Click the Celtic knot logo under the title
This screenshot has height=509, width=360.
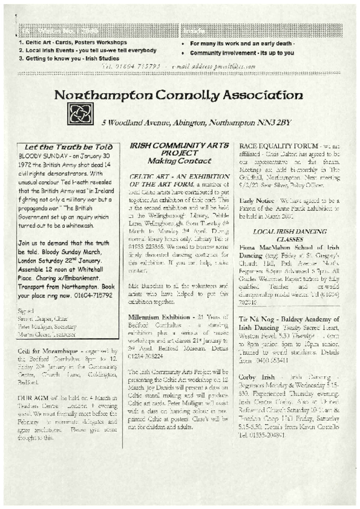click(x=80, y=114)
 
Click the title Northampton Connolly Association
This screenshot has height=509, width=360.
click(x=178, y=95)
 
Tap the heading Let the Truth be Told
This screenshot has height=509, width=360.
click(x=68, y=147)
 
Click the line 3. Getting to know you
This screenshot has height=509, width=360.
click(x=69, y=59)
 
